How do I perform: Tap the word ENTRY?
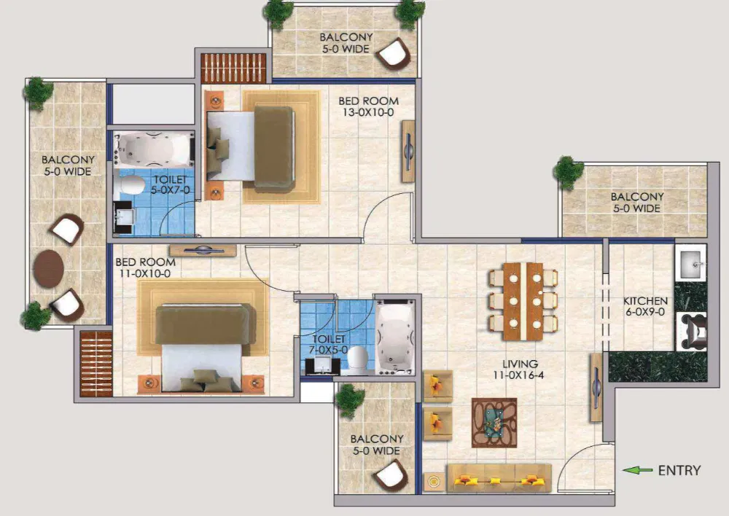point(679,471)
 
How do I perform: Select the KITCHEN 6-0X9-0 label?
point(644,307)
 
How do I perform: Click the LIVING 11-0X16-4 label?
point(519,370)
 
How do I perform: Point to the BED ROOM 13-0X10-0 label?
point(369,107)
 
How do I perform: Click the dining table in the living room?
point(523,300)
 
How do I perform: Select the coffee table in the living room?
point(494,422)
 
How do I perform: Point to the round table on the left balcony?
point(48,267)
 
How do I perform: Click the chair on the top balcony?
point(394,53)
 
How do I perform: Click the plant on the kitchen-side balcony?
point(569,172)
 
